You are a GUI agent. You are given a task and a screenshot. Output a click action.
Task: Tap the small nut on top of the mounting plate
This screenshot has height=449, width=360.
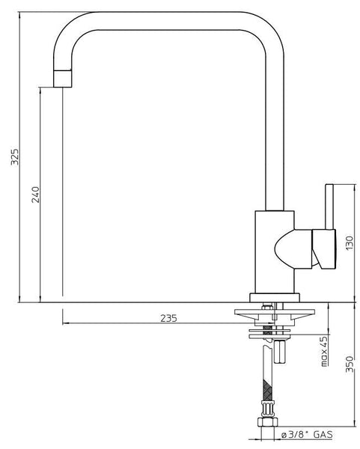[x=266, y=305]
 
